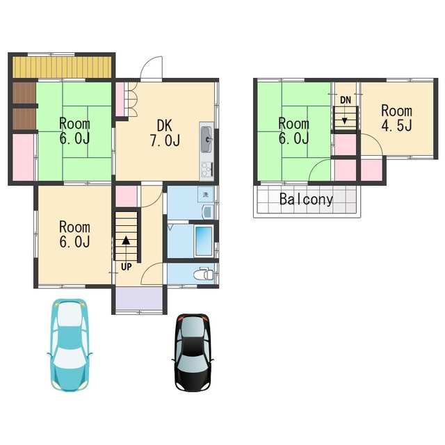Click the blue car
click(x=70, y=345)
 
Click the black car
click(x=193, y=353)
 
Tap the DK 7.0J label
click(x=165, y=133)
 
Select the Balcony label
click(x=306, y=200)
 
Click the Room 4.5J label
click(x=396, y=118)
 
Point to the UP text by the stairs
click(x=127, y=267)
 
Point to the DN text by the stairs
click(x=346, y=100)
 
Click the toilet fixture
click(x=204, y=273)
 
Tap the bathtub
click(x=204, y=241)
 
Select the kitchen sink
click(x=207, y=140)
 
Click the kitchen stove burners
click(x=207, y=169)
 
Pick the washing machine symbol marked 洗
click(x=206, y=195)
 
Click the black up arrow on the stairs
click(x=126, y=241)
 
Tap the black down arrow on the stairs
click(x=345, y=120)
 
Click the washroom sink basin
click(x=208, y=211)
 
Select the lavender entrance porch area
click(x=139, y=299)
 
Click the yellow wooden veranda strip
click(x=62, y=67)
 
